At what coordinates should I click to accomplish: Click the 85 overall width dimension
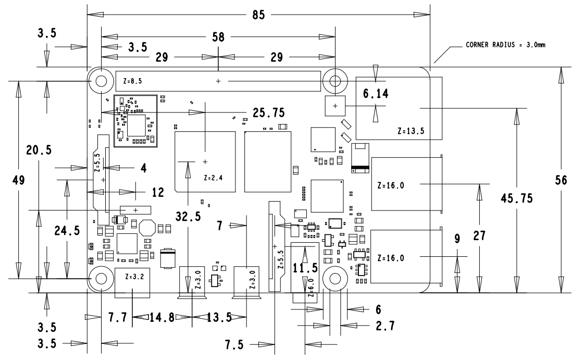258,15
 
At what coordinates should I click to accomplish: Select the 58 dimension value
218,37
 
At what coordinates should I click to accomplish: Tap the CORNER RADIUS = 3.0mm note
505,45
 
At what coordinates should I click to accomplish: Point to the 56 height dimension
561,180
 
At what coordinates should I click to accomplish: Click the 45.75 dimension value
517,198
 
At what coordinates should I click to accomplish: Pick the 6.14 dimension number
376,93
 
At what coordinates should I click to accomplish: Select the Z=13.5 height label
411,131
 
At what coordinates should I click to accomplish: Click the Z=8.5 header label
132,81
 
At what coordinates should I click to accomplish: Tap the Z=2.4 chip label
213,178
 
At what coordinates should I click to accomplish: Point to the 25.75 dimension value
268,113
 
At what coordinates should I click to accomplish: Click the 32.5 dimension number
188,216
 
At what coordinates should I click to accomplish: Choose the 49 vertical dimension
18,180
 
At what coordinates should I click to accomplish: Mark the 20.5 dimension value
39,150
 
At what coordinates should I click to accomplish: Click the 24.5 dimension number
67,231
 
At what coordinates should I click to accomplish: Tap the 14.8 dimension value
161,318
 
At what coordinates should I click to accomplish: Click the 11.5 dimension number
305,268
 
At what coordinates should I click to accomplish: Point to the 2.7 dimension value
385,326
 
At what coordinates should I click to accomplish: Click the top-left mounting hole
101,81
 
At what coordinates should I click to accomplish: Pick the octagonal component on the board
147,228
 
